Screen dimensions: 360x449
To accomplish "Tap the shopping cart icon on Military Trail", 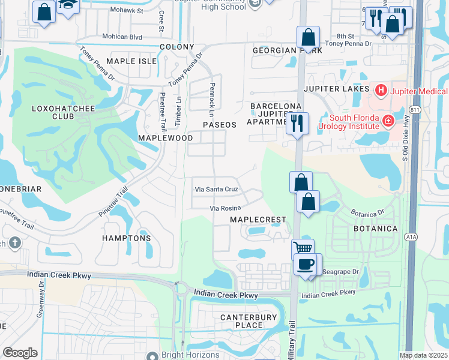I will click(x=303, y=248).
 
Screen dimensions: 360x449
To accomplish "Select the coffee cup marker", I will click(x=306, y=264).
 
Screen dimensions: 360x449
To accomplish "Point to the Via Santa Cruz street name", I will click(x=216, y=189).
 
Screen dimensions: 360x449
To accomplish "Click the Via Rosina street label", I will click(x=225, y=208).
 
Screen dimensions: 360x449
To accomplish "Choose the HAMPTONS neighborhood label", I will click(x=127, y=238).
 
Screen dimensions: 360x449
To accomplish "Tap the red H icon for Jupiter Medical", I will click(x=380, y=91).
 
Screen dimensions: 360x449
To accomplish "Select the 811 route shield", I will click(x=415, y=110).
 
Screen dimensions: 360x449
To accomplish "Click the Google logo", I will click(x=20, y=353).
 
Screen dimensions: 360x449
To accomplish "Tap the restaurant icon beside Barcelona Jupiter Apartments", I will click(x=297, y=122).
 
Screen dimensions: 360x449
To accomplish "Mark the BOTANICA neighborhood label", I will click(x=376, y=229).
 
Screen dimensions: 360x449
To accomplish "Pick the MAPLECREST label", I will click(x=259, y=220).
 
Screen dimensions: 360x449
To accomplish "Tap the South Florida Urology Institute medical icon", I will click(x=388, y=121).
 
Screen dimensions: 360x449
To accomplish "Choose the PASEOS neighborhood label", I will click(x=220, y=124).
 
